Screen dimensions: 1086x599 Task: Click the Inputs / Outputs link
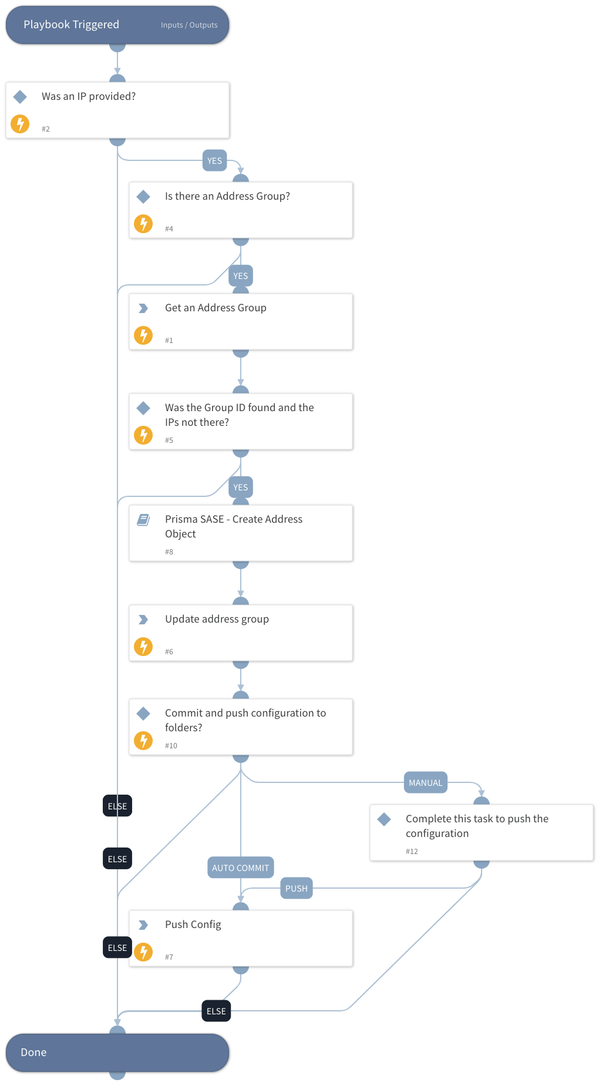(x=189, y=25)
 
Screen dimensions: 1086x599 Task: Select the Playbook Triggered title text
(x=71, y=25)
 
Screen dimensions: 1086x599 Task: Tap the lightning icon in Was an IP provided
(x=20, y=124)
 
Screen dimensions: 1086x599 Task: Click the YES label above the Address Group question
(x=214, y=161)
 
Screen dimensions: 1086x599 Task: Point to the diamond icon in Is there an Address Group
(x=143, y=197)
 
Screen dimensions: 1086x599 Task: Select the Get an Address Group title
(x=216, y=308)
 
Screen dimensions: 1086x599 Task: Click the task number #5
(x=169, y=441)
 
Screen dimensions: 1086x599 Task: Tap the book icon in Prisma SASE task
(x=143, y=520)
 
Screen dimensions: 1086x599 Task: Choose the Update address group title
(x=217, y=619)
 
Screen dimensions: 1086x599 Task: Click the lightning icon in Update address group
(x=143, y=647)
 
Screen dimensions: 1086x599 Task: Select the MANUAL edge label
(x=425, y=783)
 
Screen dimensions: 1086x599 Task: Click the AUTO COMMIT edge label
(x=240, y=868)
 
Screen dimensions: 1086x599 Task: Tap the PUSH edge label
(x=296, y=889)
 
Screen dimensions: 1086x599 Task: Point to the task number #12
(x=412, y=852)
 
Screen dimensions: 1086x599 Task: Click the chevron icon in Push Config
(x=143, y=925)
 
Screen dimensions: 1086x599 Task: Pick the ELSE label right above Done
(x=216, y=1011)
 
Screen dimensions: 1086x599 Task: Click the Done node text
(x=33, y=1053)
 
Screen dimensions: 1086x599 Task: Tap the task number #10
(x=171, y=746)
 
